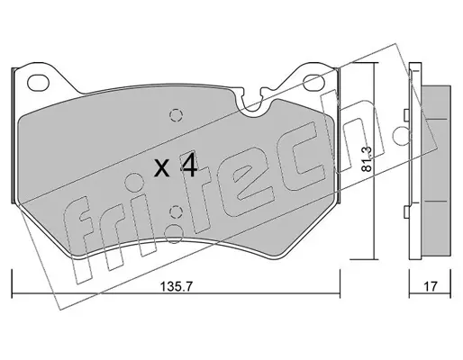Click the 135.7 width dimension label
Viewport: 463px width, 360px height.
pyautogui.click(x=176, y=287)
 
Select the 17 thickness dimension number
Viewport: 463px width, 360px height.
pyautogui.click(x=431, y=286)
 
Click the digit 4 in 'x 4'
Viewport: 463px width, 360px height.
pyautogui.click(x=188, y=166)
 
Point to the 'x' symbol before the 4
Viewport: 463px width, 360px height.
pyautogui.click(x=162, y=168)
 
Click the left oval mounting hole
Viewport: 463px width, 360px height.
pyautogui.click(x=38, y=82)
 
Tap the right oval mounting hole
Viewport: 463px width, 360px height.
pyautogui.click(x=314, y=82)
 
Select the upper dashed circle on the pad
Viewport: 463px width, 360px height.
pyautogui.click(x=176, y=114)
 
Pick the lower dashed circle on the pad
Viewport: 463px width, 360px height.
pyautogui.click(x=176, y=212)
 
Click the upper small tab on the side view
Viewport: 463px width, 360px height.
pyautogui.click(x=406, y=114)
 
